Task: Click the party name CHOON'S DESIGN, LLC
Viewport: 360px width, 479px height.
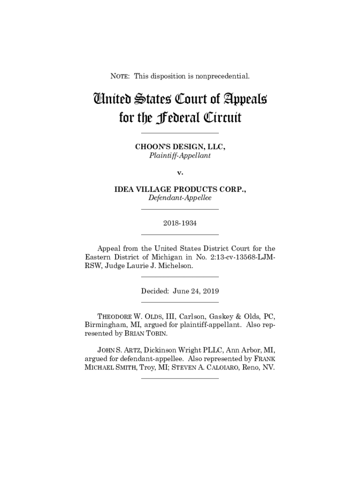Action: click(180, 147)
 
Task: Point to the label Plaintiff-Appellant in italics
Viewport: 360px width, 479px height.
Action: click(180, 155)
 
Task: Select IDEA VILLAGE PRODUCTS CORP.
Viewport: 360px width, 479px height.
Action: click(180, 189)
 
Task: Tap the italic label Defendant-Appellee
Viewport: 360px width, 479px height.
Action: click(180, 198)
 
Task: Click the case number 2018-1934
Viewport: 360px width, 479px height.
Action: click(180, 223)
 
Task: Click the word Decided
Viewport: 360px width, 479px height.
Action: click(155, 291)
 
